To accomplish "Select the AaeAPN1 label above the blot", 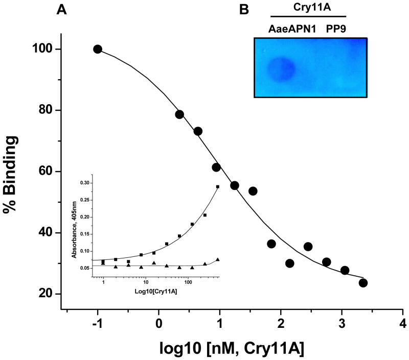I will [x=289, y=30].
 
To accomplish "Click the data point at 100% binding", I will [x=98, y=49].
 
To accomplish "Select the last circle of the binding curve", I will [x=363, y=283].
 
